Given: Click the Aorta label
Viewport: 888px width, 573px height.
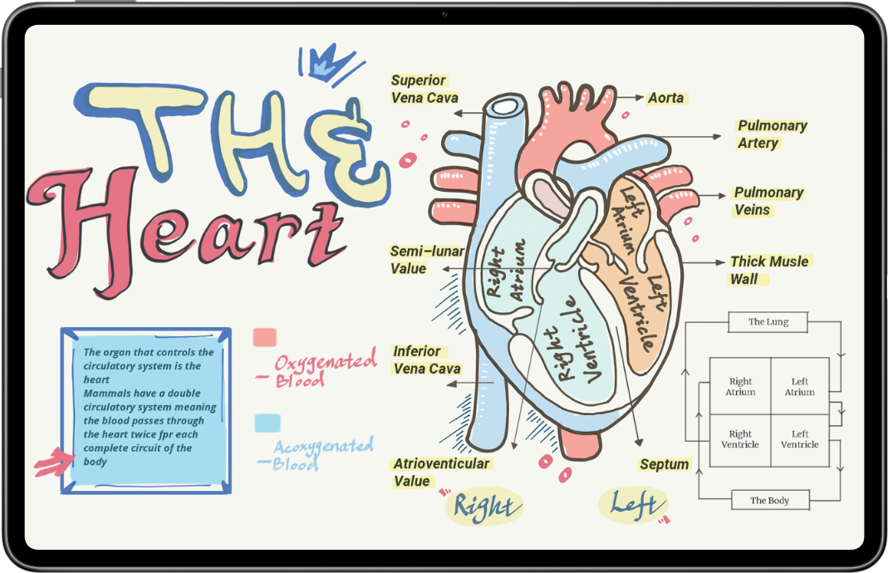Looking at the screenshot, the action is pyautogui.click(x=666, y=98).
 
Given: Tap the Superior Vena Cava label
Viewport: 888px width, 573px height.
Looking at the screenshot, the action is pyautogui.click(x=424, y=89).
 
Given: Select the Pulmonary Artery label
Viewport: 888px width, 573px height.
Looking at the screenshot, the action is pyautogui.click(x=772, y=135).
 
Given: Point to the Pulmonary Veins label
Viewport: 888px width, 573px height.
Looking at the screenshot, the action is pyautogui.click(x=768, y=201).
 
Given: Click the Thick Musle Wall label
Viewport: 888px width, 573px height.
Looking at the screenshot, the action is pyautogui.click(x=770, y=270).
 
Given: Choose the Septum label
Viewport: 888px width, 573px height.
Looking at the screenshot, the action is pyautogui.click(x=665, y=464).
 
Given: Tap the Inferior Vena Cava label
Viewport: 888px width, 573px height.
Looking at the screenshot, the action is pyautogui.click(x=427, y=360).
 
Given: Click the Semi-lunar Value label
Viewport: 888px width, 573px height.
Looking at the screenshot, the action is pyautogui.click(x=427, y=260).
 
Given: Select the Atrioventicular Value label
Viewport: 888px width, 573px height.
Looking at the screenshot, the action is pyautogui.click(x=441, y=473).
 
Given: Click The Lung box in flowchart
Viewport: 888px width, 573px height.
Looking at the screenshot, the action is pyautogui.click(x=768, y=321).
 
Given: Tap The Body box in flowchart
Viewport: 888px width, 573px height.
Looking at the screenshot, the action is pyautogui.click(x=770, y=501).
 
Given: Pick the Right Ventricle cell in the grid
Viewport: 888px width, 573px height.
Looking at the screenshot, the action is pyautogui.click(x=740, y=440).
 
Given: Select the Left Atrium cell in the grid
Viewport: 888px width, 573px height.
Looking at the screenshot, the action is pyautogui.click(x=800, y=386).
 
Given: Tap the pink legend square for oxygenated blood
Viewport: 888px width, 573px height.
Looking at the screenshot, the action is pyautogui.click(x=264, y=337).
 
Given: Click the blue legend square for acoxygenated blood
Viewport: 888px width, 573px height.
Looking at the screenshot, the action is pyautogui.click(x=267, y=423).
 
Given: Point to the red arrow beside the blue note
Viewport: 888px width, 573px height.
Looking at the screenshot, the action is pyautogui.click(x=54, y=462).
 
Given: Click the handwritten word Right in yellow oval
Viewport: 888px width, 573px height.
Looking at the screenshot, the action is pyautogui.click(x=486, y=507).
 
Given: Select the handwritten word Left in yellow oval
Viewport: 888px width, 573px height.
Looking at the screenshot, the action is pyautogui.click(x=634, y=505).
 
